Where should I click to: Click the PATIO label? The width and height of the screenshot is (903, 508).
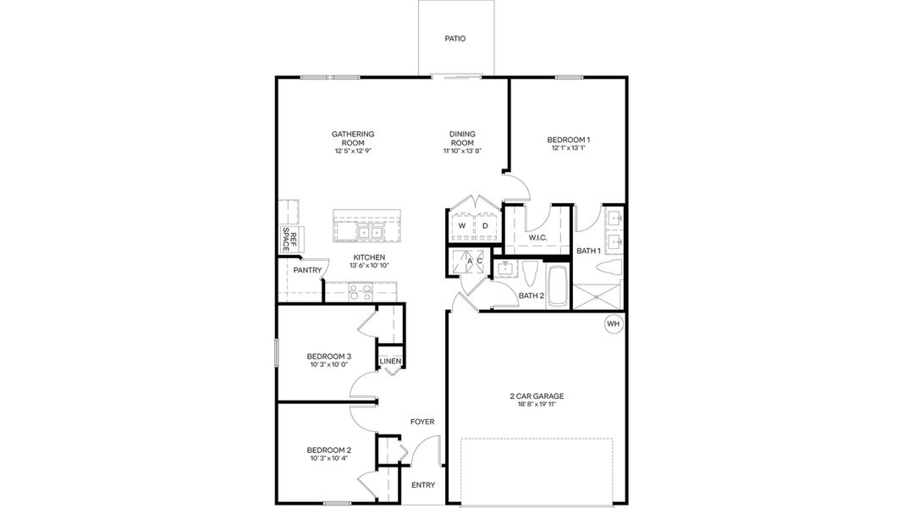coord(455,38)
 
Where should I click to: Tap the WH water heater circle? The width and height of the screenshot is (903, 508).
coord(613,323)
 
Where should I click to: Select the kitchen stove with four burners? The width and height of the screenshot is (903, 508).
coord(361,292)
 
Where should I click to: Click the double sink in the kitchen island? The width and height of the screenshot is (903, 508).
coord(370,232)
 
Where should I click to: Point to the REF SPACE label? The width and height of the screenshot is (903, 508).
coord(287,240)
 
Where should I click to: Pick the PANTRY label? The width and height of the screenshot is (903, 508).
coord(306,271)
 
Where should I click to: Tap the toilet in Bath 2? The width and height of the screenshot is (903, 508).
coord(531,274)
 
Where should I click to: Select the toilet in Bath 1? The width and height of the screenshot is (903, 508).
coord(609,268)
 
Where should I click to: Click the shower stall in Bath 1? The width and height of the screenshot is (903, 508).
coord(598,296)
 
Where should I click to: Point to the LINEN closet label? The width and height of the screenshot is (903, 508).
coord(389,362)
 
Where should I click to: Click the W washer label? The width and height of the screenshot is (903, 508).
coord(462,226)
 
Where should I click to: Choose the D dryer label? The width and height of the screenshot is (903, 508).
coord(485,226)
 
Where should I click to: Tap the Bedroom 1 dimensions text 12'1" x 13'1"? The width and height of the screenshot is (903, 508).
coord(568,148)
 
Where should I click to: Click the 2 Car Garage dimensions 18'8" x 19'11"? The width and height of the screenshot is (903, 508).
coord(537,406)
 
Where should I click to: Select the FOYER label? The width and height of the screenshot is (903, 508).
coord(422,422)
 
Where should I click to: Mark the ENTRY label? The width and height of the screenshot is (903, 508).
coord(422,485)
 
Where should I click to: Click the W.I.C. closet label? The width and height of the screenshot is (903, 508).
coord(538,238)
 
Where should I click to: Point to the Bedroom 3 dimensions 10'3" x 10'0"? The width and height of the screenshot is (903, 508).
coord(328,365)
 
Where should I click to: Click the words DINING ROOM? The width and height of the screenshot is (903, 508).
coord(462,138)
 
